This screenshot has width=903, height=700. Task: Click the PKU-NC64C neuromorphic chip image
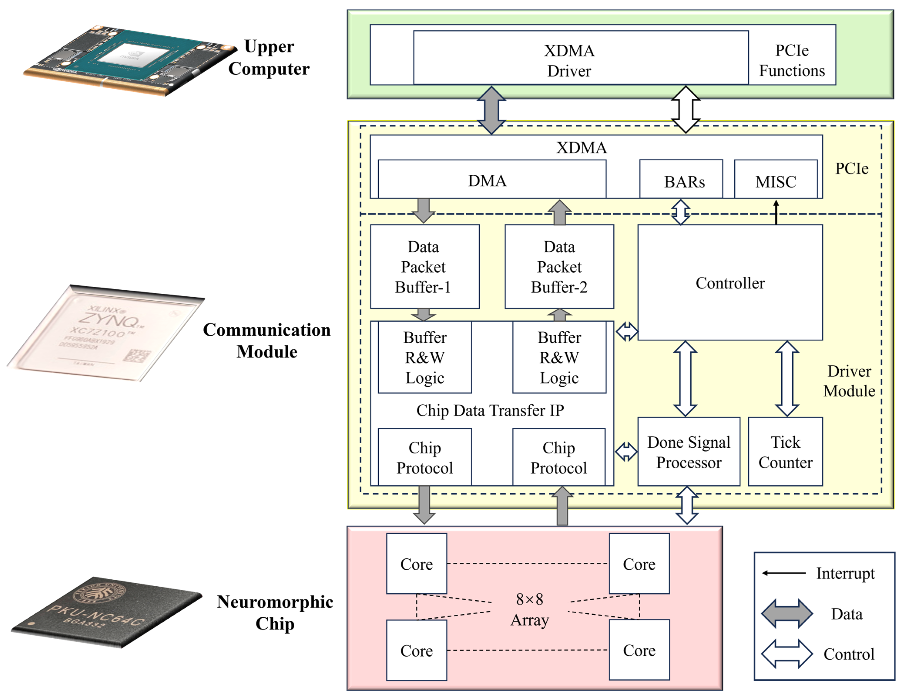pyautogui.click(x=106, y=612)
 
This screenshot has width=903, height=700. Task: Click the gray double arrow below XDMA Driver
pyautogui.click(x=491, y=110)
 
